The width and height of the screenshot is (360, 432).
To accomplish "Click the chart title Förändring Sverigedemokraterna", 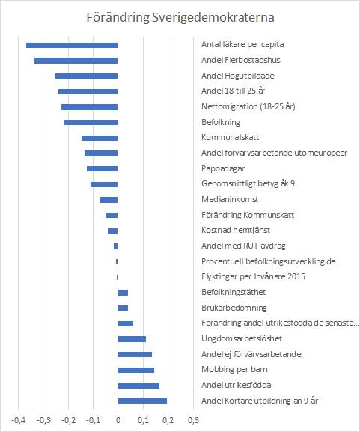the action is click(x=180, y=17).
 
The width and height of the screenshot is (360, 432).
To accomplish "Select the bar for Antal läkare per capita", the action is click(x=72, y=45).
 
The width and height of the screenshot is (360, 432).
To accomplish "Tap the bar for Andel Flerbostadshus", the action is click(x=76, y=61).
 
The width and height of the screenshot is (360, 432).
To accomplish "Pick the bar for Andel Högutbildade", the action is click(x=87, y=76).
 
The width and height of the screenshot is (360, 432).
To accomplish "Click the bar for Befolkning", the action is click(x=91, y=122).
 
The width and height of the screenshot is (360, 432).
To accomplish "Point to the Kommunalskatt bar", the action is click(x=100, y=138).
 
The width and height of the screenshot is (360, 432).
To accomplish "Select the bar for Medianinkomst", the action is click(x=109, y=200).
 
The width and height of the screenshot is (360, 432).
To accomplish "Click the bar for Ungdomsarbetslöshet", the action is click(x=132, y=339).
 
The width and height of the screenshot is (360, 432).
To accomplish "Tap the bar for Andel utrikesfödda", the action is click(x=138, y=386).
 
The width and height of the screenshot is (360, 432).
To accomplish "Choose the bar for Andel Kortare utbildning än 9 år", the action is click(x=142, y=401).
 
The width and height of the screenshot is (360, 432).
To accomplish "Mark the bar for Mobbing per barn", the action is click(x=136, y=370).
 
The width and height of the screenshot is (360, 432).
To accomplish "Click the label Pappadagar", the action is click(x=223, y=169).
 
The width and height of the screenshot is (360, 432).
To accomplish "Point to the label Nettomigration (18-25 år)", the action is click(x=248, y=106).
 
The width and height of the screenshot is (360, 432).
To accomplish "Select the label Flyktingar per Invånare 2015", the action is click(x=253, y=276).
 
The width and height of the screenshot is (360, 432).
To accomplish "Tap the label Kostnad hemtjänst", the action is click(x=236, y=231).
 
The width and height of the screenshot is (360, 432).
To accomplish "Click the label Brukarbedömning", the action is click(x=234, y=308).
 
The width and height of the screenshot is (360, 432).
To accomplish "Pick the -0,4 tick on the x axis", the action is click(x=18, y=420).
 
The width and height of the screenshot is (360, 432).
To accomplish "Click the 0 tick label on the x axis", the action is click(x=118, y=420).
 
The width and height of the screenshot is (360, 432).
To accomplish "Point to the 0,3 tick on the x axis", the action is click(x=193, y=420).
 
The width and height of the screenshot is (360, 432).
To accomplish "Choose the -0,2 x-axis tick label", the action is click(x=68, y=420).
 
